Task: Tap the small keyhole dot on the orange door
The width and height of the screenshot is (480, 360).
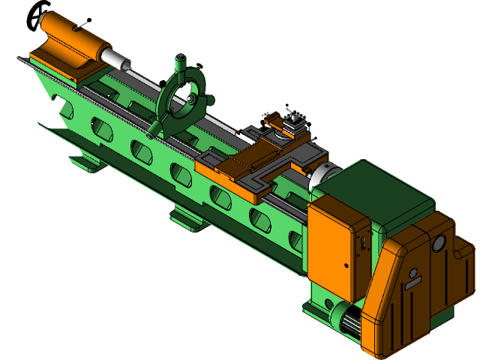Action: (346, 265)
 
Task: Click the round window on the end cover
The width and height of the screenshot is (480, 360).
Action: (438, 243)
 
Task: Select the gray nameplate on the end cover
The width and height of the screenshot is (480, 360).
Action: (412, 282)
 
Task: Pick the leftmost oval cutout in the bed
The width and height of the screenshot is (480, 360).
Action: (67, 109)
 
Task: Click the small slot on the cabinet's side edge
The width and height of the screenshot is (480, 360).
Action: (361, 244)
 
